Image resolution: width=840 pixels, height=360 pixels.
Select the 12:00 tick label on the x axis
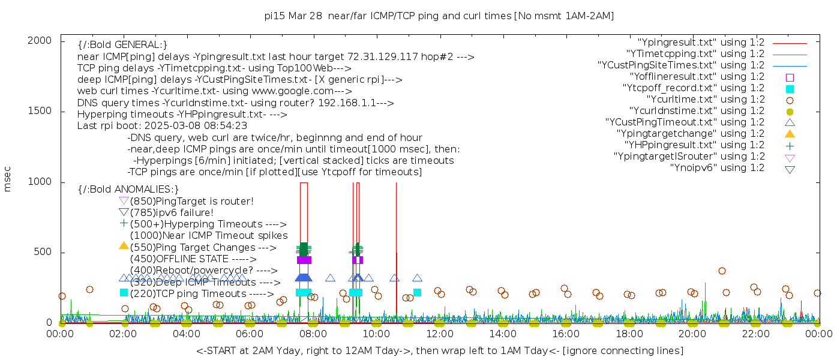click(x=439, y=334)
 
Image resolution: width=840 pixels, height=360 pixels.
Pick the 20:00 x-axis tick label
click(x=692, y=334)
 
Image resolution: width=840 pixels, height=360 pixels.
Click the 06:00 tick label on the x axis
click(x=250, y=334)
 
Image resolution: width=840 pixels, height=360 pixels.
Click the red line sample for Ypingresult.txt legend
click(x=790, y=43)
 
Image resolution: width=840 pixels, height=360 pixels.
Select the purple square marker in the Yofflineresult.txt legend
click(x=790, y=77)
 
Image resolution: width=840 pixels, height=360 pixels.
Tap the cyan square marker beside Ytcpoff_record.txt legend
click(x=790, y=89)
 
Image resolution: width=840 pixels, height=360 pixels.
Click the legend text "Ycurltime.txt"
click(x=705, y=100)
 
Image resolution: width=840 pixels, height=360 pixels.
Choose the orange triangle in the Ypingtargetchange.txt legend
click(x=790, y=134)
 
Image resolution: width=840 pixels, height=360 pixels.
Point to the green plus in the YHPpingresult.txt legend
click(x=790, y=145)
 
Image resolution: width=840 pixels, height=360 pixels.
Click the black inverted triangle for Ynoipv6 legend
click(x=790, y=169)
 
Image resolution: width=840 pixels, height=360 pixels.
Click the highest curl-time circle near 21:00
click(x=722, y=271)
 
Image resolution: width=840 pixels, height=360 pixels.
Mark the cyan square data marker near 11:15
click(x=417, y=292)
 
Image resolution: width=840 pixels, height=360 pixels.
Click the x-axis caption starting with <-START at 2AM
click(x=439, y=350)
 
